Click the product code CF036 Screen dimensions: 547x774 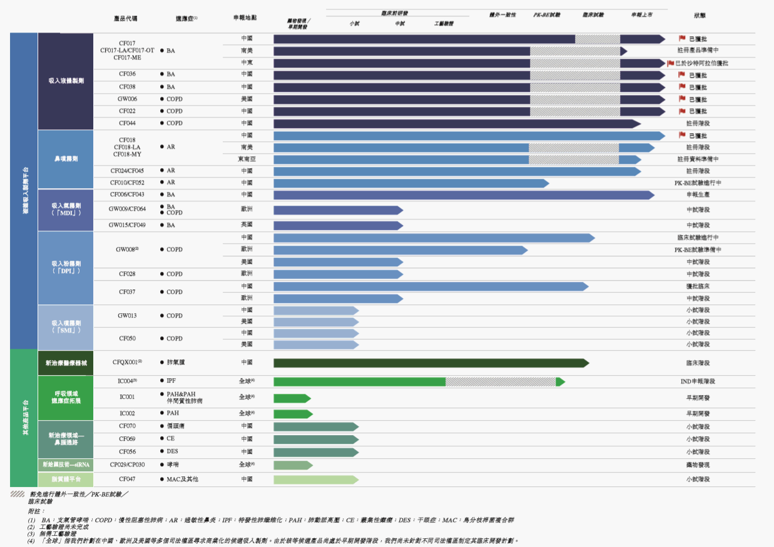(x=127, y=74)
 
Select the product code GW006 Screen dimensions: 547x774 (x=127, y=99)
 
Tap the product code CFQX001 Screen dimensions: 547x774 (x=127, y=362)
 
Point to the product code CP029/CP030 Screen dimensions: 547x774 (x=127, y=464)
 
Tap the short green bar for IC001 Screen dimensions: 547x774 (x=291, y=398)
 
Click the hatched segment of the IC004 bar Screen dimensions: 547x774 (x=500, y=381)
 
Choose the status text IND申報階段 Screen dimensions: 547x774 (x=698, y=381)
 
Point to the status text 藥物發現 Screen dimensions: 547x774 (x=698, y=465)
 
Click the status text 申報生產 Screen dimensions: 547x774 (x=698, y=195)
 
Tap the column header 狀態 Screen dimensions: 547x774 (x=700, y=14)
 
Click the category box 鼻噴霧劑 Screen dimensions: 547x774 (x=66, y=159)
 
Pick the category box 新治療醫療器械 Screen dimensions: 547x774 (x=66, y=363)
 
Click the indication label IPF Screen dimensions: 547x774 (x=171, y=381)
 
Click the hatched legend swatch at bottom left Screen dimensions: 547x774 (x=18, y=494)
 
